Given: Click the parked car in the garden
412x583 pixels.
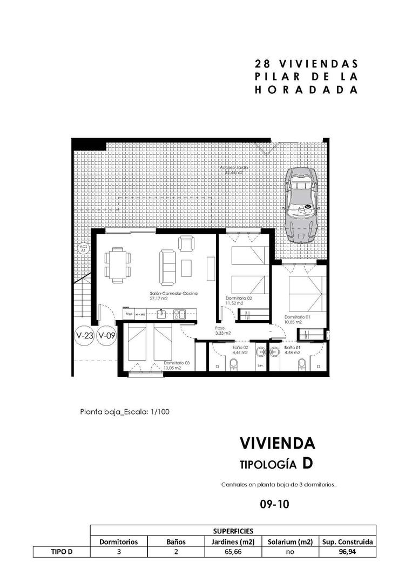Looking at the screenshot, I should (x=301, y=204).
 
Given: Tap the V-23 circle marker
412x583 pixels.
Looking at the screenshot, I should (x=85, y=336).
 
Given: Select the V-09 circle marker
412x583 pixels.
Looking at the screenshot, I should (x=107, y=336).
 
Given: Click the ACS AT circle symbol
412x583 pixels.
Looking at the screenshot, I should (x=83, y=249).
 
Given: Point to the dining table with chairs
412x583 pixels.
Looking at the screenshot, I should (x=118, y=265).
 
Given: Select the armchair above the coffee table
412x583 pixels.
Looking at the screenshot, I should (x=185, y=245).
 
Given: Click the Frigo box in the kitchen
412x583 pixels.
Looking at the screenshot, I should (x=129, y=313).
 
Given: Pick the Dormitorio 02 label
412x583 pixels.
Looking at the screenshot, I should (x=239, y=298).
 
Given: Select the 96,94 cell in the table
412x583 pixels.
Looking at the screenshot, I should (x=347, y=552).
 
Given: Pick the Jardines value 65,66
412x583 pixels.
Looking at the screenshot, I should (x=233, y=552).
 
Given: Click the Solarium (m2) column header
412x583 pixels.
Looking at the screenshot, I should (x=290, y=541).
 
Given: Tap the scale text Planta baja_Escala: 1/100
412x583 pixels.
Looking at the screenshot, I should (x=125, y=411).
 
